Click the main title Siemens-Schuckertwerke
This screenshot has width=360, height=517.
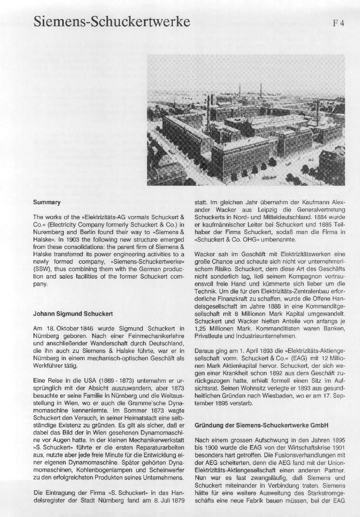coord(112,22)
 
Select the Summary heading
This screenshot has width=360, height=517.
coord(47,202)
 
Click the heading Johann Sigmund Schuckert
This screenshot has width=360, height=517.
coord(73,313)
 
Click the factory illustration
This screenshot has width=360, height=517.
coord(245,120)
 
